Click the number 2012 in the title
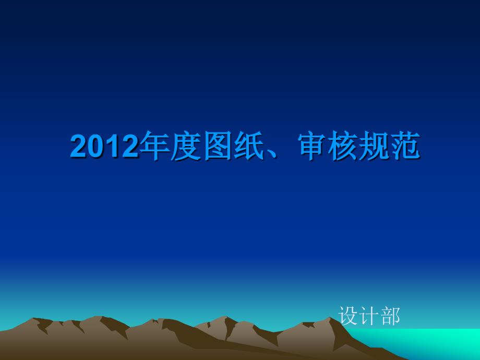pos(104,146)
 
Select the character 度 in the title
pos(186,146)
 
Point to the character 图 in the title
pos(218,146)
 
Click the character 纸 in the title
pos(249,146)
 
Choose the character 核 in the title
pos(343,146)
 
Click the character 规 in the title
pos(374,146)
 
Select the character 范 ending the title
pos(405,146)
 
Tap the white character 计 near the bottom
pos(369,316)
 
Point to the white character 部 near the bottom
pos(390,316)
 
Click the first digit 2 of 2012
pos(79,146)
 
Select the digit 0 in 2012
pos(96,146)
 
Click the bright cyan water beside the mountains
pos(428,343)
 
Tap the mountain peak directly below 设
pos(330,318)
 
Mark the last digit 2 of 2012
pos(129,146)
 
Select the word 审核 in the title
pos(328,146)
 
